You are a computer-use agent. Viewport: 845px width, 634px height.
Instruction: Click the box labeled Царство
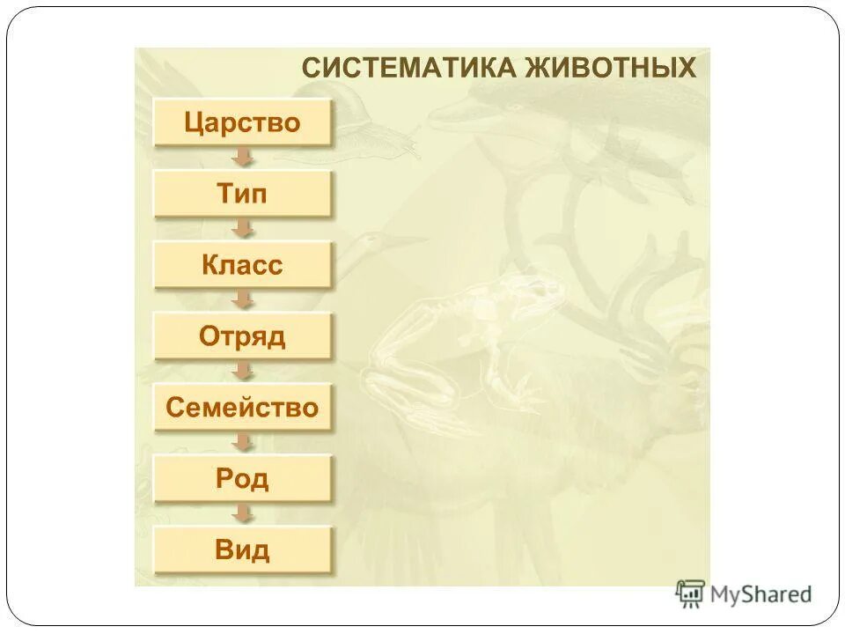[x=242, y=122]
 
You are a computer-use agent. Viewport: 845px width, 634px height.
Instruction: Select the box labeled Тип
[x=242, y=194]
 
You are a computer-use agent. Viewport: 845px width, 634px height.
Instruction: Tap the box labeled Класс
[x=242, y=265]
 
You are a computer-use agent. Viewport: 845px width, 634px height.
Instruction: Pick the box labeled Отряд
[x=242, y=336]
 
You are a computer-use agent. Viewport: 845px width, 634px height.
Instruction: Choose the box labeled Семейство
[x=242, y=407]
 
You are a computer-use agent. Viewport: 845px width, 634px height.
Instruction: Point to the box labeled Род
[x=242, y=478]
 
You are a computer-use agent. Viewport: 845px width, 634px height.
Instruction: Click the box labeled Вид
[x=242, y=550]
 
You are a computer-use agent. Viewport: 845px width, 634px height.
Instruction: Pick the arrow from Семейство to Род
[x=242, y=443]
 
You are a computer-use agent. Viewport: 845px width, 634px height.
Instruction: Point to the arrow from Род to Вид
[x=242, y=514]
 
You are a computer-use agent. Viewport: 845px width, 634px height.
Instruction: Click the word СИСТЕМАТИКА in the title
[x=408, y=68]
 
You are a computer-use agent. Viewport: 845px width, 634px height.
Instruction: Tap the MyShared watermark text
[x=761, y=593]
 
